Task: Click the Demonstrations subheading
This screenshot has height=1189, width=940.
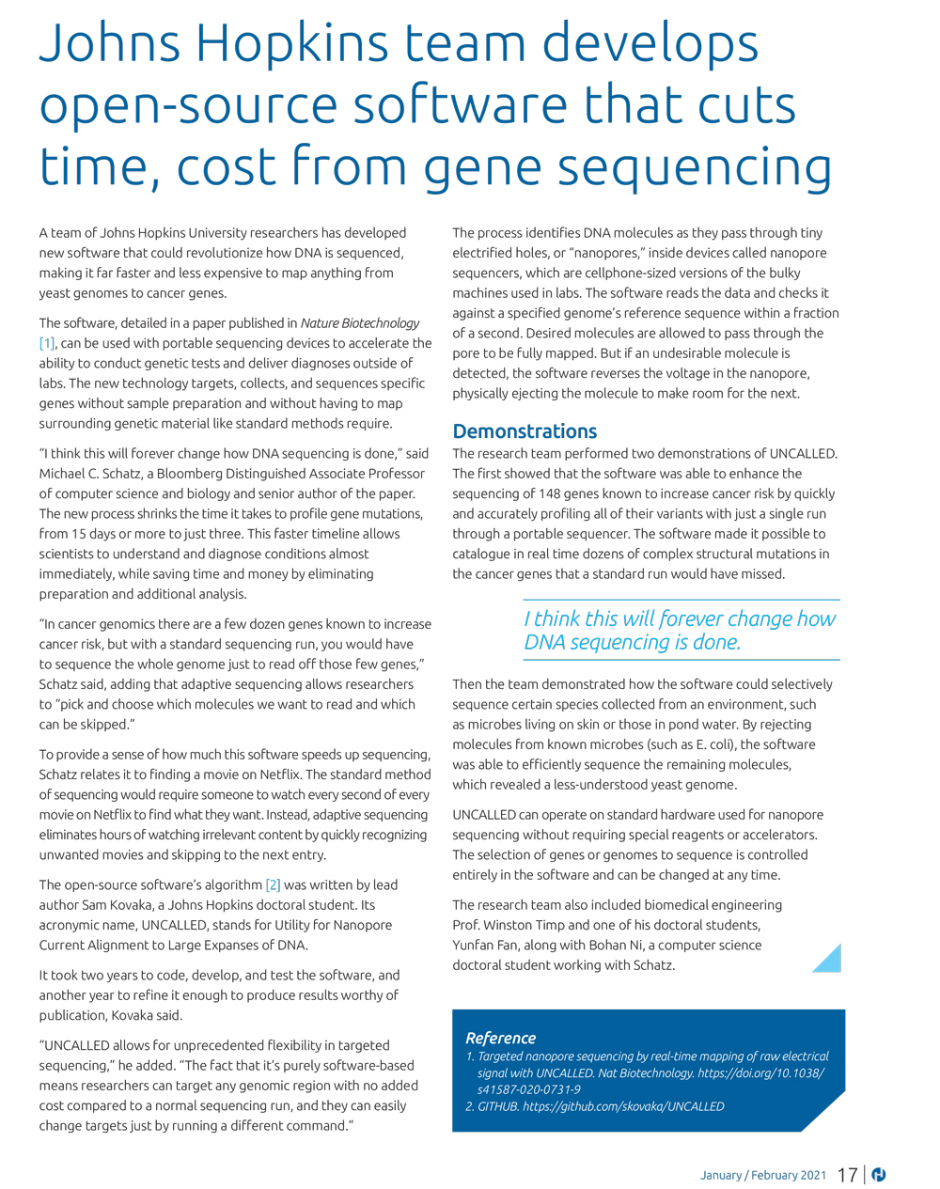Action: point(525,431)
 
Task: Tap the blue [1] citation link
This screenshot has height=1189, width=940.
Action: point(47,343)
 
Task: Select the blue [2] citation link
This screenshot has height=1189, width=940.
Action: point(273,884)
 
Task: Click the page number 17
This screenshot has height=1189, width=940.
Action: point(847,1175)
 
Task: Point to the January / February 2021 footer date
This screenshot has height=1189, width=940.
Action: point(763,1175)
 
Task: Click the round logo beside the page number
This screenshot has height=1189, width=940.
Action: point(879,1175)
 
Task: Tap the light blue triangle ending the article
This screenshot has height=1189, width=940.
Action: point(829,960)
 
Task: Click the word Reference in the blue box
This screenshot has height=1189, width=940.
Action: point(500,1038)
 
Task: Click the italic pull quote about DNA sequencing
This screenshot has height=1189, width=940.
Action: point(679,630)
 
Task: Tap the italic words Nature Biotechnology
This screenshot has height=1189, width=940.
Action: point(360,323)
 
